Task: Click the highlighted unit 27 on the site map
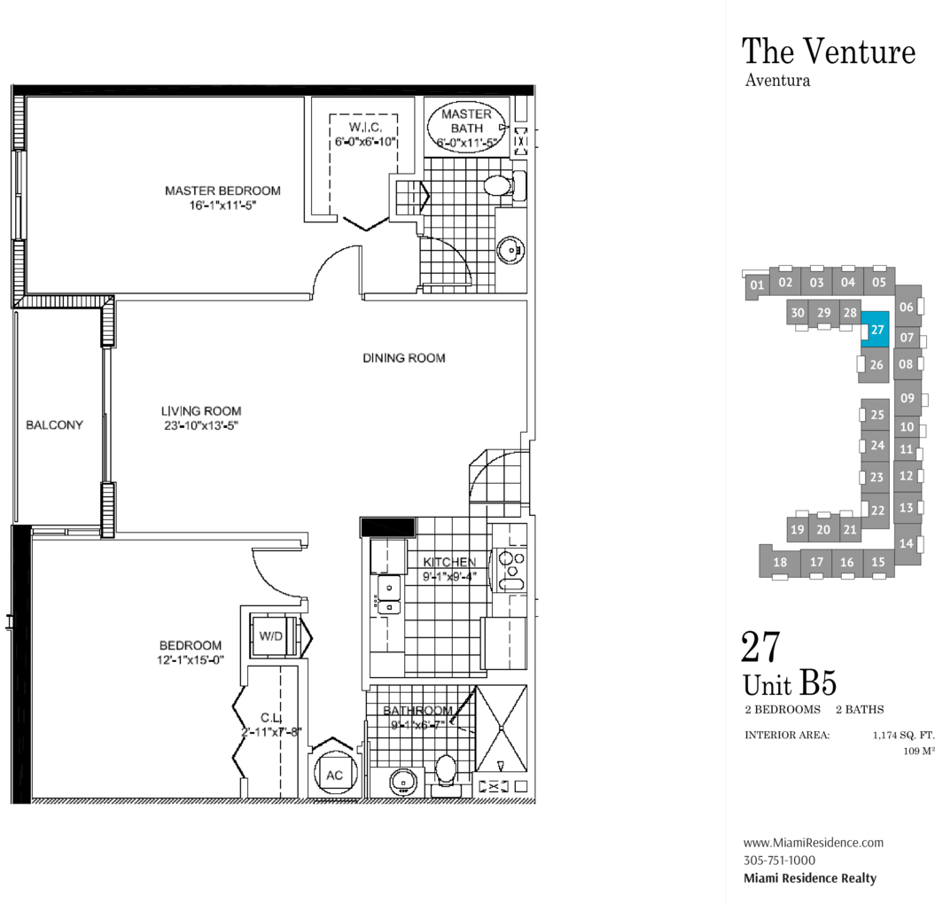pos(876,329)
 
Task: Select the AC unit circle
pos(335,774)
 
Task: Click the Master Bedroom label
pos(223,191)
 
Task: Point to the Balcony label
pos(54,425)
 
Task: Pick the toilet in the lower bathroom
pos(446,771)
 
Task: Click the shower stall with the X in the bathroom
pos(502,729)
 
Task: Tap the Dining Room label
pos(404,358)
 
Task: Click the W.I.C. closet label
pos(365,127)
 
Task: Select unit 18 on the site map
pos(780,562)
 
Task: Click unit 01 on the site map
pos(757,285)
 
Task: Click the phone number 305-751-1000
pos(779,860)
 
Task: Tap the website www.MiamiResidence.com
pos(814,843)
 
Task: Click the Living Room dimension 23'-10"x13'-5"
pos(201,425)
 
